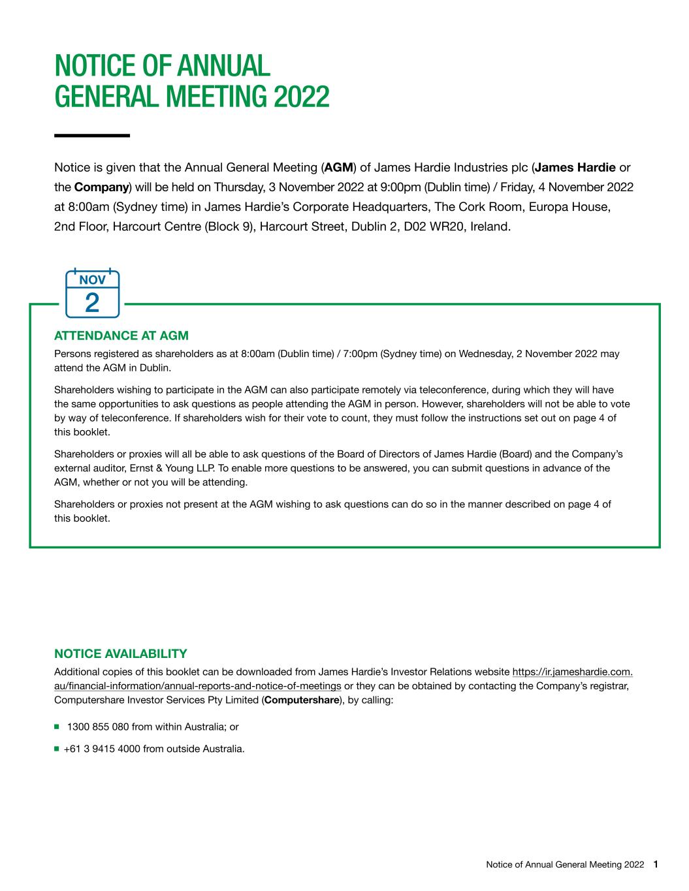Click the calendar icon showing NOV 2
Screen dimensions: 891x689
[x=92, y=294]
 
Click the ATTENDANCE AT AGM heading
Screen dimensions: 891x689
[x=121, y=336]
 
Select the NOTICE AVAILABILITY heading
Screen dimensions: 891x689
[x=120, y=654]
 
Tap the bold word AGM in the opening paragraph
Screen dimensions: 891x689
[x=338, y=167]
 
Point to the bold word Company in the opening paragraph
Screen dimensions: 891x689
[x=101, y=187]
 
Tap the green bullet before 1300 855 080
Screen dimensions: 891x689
[x=57, y=727]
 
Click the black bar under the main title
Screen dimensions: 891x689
[x=92, y=135]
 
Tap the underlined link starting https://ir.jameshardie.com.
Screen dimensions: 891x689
[x=573, y=672]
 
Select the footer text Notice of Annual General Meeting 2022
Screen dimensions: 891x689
[x=566, y=865]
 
